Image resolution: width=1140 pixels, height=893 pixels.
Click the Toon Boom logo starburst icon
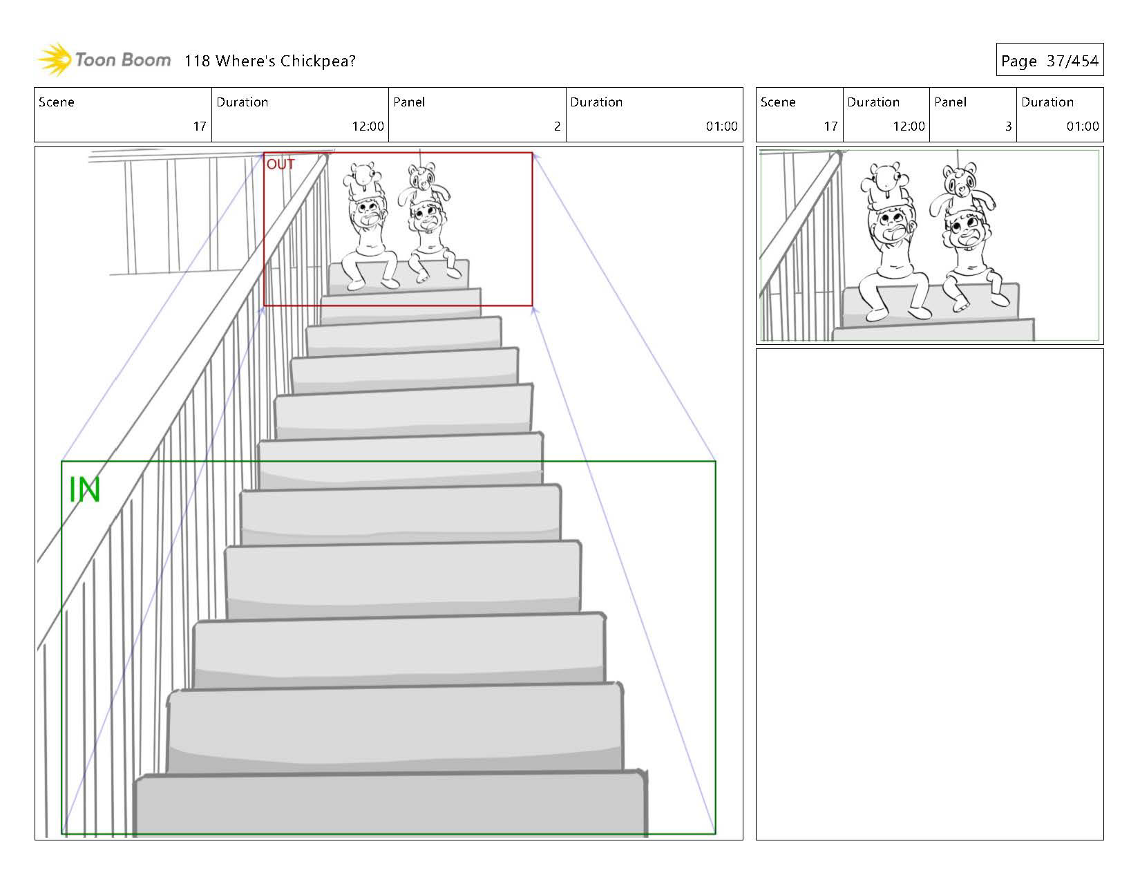(x=55, y=59)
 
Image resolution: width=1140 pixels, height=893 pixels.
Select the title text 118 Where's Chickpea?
(x=269, y=61)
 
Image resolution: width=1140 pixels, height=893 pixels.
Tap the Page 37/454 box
(x=1049, y=61)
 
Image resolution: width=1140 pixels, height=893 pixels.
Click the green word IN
(x=84, y=490)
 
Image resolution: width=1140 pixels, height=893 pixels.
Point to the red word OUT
(x=281, y=164)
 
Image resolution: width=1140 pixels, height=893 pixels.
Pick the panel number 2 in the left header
(x=557, y=126)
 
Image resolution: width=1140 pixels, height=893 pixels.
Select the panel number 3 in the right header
(x=1008, y=126)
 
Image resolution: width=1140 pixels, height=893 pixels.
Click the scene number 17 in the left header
(x=200, y=126)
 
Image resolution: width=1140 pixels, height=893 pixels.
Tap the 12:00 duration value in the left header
(x=368, y=126)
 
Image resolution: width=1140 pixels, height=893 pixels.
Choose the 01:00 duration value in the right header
(x=1082, y=126)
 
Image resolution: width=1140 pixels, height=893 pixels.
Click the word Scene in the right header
(x=778, y=102)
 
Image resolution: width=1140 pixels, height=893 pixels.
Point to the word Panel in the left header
(x=409, y=102)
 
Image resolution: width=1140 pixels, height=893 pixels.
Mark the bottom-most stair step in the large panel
(x=390, y=805)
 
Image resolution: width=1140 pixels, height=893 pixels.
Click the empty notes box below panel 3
(x=929, y=594)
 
